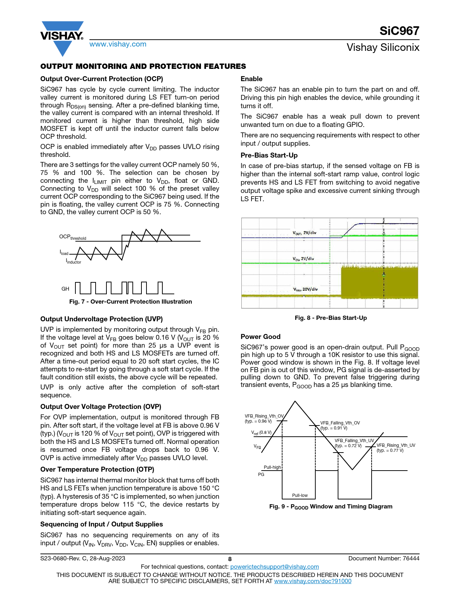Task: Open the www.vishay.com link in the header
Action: pos(118,44)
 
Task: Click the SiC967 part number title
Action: pos(399,31)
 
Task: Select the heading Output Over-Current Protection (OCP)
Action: pos(102,79)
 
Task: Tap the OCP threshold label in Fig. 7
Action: pos(73,237)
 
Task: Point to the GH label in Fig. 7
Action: pos(65,289)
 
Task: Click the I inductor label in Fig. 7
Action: pos(74,261)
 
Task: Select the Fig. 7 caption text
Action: pos(131,302)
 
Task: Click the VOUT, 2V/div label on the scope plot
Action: pos(305,233)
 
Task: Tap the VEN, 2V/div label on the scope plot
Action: pos(303,259)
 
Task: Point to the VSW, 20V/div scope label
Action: pos(305,289)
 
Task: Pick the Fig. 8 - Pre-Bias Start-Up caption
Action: pos(331,318)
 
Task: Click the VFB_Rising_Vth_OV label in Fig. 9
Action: pos(264,416)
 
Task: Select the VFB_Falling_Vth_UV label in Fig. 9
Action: pos(354,441)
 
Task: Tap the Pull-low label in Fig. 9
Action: pos(300,495)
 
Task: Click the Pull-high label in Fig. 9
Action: pos(272,467)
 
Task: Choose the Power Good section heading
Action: pos(260,337)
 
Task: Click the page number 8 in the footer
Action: pos(230,559)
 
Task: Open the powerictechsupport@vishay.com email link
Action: pos(275,567)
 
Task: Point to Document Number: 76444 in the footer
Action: pos(384,559)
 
